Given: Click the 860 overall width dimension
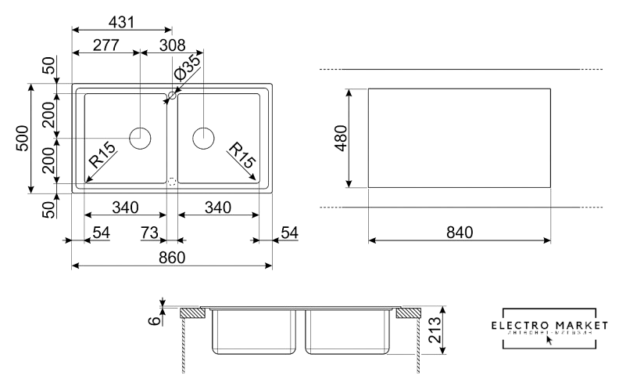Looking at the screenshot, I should tap(171, 257).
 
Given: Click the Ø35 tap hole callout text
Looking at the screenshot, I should tap(187, 69).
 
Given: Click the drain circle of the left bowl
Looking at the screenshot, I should tap(141, 138).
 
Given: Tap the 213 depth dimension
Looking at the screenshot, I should tap(435, 330).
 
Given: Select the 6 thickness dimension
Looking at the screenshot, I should tap(155, 319).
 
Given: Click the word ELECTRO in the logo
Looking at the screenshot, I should tap(517, 325).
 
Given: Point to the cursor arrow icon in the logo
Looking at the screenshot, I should tap(549, 341).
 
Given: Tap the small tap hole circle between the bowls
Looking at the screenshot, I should tap(170, 96).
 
